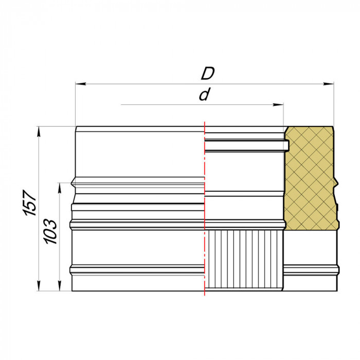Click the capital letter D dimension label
tap(207, 74)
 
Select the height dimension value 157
tap(30, 203)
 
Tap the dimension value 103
tap(50, 231)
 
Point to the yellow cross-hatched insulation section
tap(310, 175)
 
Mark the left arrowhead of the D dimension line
tap(78, 83)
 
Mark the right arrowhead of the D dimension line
tap(331, 83)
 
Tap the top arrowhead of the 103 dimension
tap(60, 185)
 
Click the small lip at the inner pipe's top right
tap(287, 146)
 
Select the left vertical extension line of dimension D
tap(76, 103)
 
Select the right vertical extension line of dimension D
tap(334, 103)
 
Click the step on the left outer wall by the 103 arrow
tap(72, 183)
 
